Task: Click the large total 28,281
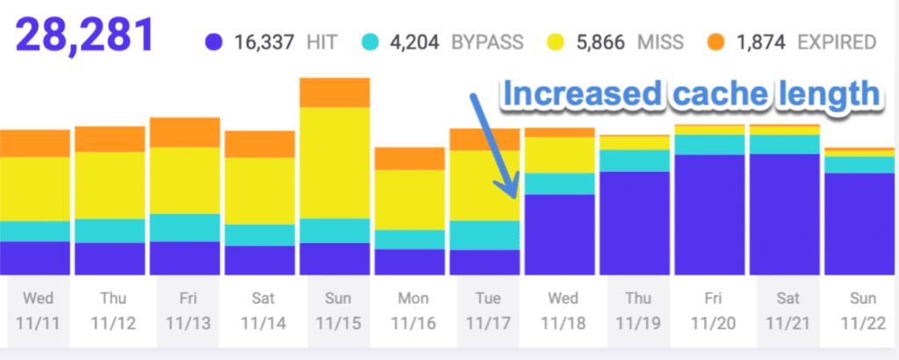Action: click(84, 36)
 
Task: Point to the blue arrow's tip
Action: click(512, 197)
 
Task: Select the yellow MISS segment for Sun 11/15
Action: click(334, 162)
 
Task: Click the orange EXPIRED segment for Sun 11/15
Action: click(334, 92)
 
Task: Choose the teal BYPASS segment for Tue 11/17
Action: click(484, 234)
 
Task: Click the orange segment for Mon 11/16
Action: click(409, 158)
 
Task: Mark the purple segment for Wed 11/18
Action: click(559, 234)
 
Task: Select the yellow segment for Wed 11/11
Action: click(35, 189)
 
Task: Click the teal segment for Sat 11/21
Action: click(784, 144)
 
